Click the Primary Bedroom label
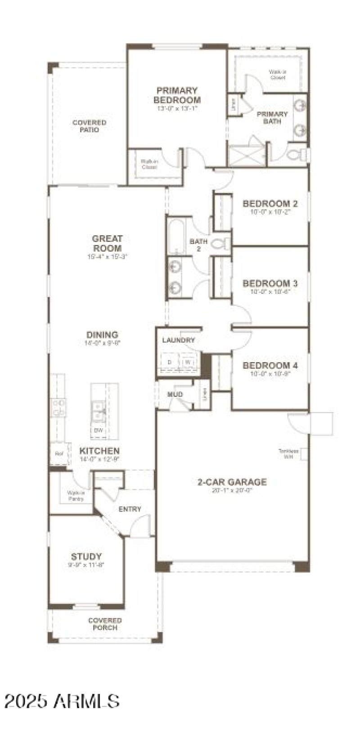click(x=177, y=95)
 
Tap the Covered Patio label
click(x=90, y=126)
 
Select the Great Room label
click(x=107, y=243)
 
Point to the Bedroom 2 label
click(x=270, y=203)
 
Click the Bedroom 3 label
click(x=270, y=283)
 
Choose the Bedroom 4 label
click(x=270, y=365)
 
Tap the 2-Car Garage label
click(x=232, y=482)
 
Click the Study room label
click(x=86, y=556)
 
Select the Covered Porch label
click(x=105, y=624)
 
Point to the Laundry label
click(x=179, y=340)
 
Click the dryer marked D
click(x=170, y=362)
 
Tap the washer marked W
click(x=188, y=362)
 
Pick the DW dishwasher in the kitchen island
click(x=98, y=431)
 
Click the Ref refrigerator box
click(x=59, y=454)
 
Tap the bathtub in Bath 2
click(x=176, y=236)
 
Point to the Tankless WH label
click(x=288, y=454)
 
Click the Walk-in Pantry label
click(x=73, y=495)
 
